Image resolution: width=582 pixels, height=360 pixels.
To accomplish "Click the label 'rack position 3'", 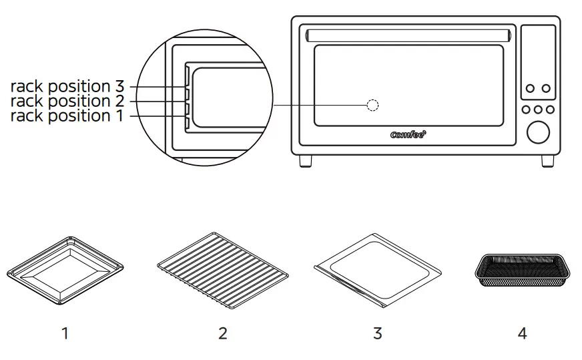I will click(x=67, y=87).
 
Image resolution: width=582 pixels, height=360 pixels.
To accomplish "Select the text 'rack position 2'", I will click(x=67, y=102).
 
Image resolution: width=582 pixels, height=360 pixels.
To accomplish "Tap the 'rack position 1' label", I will click(x=67, y=116).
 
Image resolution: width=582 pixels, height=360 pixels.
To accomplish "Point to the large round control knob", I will click(x=537, y=132).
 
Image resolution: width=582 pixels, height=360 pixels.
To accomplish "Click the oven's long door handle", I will click(x=408, y=34).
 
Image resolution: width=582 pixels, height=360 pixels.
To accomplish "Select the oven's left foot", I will click(x=307, y=161).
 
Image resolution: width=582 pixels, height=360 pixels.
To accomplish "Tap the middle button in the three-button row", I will click(x=537, y=110).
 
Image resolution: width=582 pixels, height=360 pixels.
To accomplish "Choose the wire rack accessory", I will click(x=223, y=266).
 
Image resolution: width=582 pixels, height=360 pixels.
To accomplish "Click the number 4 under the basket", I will click(x=522, y=333).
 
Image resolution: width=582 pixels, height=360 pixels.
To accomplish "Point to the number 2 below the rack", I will click(x=223, y=333).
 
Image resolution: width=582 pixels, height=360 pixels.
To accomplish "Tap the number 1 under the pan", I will click(x=65, y=333).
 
